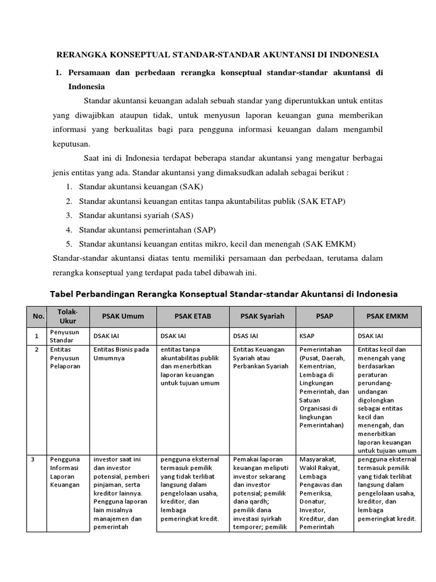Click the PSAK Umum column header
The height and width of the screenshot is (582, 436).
click(x=123, y=316)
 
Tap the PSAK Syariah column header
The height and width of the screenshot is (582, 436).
click(x=262, y=316)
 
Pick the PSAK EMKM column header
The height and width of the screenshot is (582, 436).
click(x=387, y=316)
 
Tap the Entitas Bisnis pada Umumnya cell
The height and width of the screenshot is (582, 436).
click(x=121, y=354)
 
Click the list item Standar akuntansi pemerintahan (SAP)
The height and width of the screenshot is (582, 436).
click(x=148, y=230)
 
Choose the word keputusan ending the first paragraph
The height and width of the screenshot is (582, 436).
click(x=70, y=144)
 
